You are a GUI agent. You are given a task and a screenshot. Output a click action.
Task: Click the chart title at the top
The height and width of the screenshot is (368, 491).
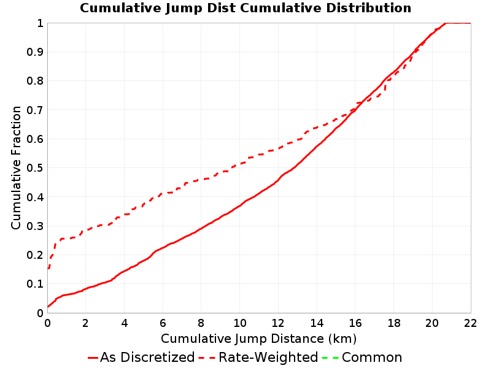click(x=245, y=8)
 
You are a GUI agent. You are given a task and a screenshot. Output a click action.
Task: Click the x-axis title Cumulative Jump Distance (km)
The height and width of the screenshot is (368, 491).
click(x=258, y=339)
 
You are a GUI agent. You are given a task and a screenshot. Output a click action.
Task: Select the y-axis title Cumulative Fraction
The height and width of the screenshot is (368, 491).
click(x=16, y=167)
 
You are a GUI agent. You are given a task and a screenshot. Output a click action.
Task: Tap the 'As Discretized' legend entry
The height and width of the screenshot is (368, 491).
click(x=141, y=357)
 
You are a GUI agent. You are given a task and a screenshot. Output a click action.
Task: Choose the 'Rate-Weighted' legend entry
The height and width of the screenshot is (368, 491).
click(x=258, y=357)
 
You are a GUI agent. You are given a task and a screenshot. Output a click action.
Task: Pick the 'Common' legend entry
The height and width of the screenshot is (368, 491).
click(x=361, y=357)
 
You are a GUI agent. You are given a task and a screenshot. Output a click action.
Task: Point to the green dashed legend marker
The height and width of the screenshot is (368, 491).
click(x=330, y=358)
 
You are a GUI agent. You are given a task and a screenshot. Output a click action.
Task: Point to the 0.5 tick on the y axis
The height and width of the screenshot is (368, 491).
click(x=35, y=167)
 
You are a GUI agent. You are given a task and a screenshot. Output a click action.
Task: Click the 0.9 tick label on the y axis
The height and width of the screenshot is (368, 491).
click(x=35, y=52)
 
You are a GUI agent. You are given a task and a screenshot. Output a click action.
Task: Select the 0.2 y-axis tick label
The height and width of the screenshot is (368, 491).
click(x=35, y=255)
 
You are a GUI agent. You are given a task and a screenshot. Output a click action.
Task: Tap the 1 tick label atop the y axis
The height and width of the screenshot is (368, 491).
click(x=40, y=23)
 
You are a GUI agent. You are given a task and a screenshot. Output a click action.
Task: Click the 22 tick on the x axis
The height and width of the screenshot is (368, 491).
click(x=471, y=323)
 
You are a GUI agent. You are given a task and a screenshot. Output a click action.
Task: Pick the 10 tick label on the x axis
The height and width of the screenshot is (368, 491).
click(x=239, y=323)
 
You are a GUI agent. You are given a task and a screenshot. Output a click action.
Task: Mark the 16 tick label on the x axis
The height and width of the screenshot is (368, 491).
click(x=355, y=323)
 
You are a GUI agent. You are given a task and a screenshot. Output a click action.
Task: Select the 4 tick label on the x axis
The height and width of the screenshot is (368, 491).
click(x=125, y=323)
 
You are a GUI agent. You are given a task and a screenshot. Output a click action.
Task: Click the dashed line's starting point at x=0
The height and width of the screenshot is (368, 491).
click(x=48, y=269)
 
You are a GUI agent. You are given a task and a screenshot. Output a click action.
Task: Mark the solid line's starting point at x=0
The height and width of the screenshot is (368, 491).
click(x=48, y=307)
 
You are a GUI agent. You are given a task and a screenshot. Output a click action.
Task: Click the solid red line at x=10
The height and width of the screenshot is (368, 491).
click(x=240, y=205)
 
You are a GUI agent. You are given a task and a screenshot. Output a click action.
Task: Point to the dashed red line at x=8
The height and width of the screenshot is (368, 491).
click(x=201, y=180)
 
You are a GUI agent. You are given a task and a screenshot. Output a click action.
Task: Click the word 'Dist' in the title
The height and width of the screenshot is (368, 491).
click(x=221, y=8)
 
